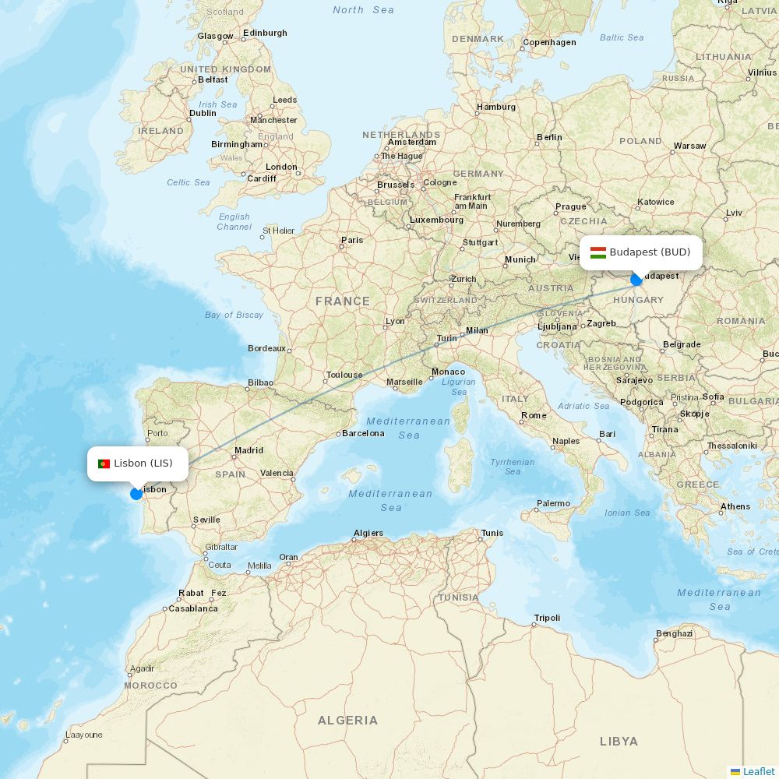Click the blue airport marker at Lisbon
(x=136, y=494)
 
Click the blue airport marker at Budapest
(x=636, y=279)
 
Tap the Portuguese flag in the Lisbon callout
(x=104, y=464)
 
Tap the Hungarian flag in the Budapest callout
(x=598, y=252)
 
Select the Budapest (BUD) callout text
(x=650, y=252)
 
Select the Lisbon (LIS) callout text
(x=143, y=464)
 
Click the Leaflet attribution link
(x=759, y=771)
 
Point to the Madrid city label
(x=249, y=450)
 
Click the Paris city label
(x=352, y=240)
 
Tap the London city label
(x=281, y=167)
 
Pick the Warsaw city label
(x=689, y=146)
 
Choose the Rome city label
(x=534, y=415)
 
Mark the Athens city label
(x=735, y=506)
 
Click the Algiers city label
(x=368, y=534)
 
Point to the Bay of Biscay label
(x=234, y=315)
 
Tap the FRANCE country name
(x=343, y=301)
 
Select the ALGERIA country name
(x=347, y=721)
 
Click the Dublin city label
(x=203, y=113)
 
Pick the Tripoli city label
(x=547, y=618)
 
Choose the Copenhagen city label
(x=549, y=43)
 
